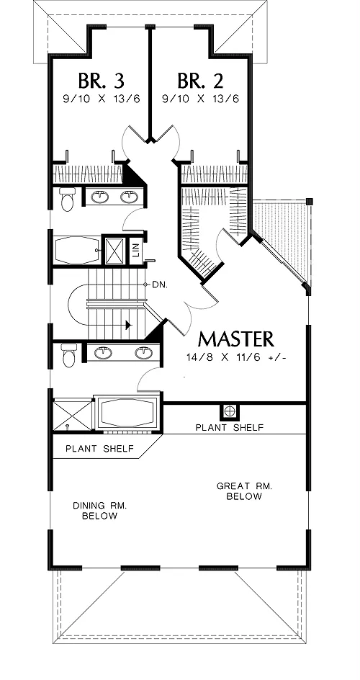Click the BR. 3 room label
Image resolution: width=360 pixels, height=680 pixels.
102,81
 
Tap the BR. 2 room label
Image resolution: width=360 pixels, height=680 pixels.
201,81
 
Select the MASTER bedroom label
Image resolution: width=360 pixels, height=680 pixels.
236,339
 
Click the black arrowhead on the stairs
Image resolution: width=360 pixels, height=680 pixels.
127,325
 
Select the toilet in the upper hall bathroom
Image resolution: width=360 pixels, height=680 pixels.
67,199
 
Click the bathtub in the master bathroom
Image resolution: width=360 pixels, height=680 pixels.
127,413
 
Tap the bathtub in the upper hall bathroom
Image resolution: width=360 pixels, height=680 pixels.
76,250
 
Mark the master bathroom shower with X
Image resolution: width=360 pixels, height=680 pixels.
73,416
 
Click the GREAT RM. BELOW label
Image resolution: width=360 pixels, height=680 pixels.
244,491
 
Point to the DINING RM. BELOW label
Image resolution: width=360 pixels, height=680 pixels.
99,511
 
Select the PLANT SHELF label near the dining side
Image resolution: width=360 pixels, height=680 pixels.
99,449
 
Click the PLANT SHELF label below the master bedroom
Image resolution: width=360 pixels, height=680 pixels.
229,428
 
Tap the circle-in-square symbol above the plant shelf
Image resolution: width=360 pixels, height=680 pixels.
229,411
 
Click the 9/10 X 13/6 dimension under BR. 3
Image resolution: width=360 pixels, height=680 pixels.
102,99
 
